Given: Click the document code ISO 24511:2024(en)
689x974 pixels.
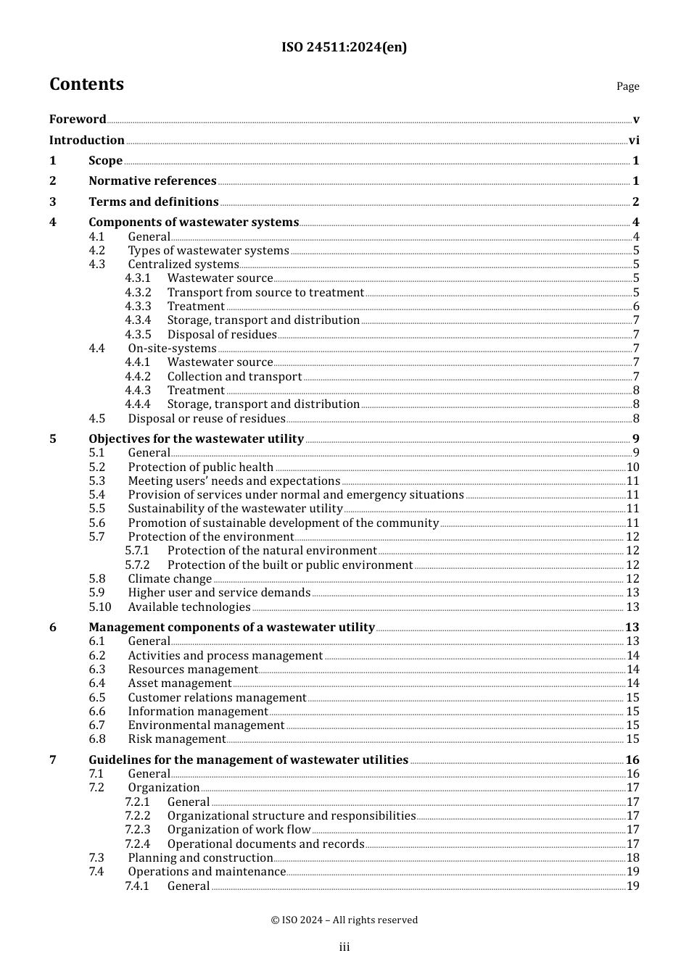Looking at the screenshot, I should coord(344,47).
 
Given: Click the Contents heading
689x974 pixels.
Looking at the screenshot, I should coord(86,84).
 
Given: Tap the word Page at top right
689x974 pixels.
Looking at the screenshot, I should coord(627,86).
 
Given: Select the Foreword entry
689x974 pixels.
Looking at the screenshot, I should coord(78,119).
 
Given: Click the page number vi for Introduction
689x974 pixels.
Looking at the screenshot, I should coord(634,140).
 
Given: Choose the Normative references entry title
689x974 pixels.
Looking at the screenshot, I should coord(152,180).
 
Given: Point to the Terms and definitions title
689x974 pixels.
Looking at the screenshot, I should coord(154,201).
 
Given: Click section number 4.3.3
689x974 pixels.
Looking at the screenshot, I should coord(138,306).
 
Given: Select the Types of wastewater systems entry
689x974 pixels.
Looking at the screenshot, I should coord(208,250).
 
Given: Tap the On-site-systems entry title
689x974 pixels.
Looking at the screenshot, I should coord(172,348).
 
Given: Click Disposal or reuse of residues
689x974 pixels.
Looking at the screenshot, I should coord(207,418).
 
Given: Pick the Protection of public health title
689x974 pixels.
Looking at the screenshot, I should coord(201,467).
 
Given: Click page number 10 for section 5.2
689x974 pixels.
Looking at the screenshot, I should coord(632,467).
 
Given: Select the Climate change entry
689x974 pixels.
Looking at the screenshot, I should coord(170,578).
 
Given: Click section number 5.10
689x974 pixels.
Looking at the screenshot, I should coord(100,607).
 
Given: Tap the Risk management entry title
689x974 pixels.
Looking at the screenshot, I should coord(177,738).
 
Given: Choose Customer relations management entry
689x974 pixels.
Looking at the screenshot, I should coord(217,697).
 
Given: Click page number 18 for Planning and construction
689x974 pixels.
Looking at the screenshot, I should coord(632,857).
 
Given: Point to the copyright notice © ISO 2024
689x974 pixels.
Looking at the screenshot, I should coord(344,920).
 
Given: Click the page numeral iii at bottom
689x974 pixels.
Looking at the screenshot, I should coord(344,946).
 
